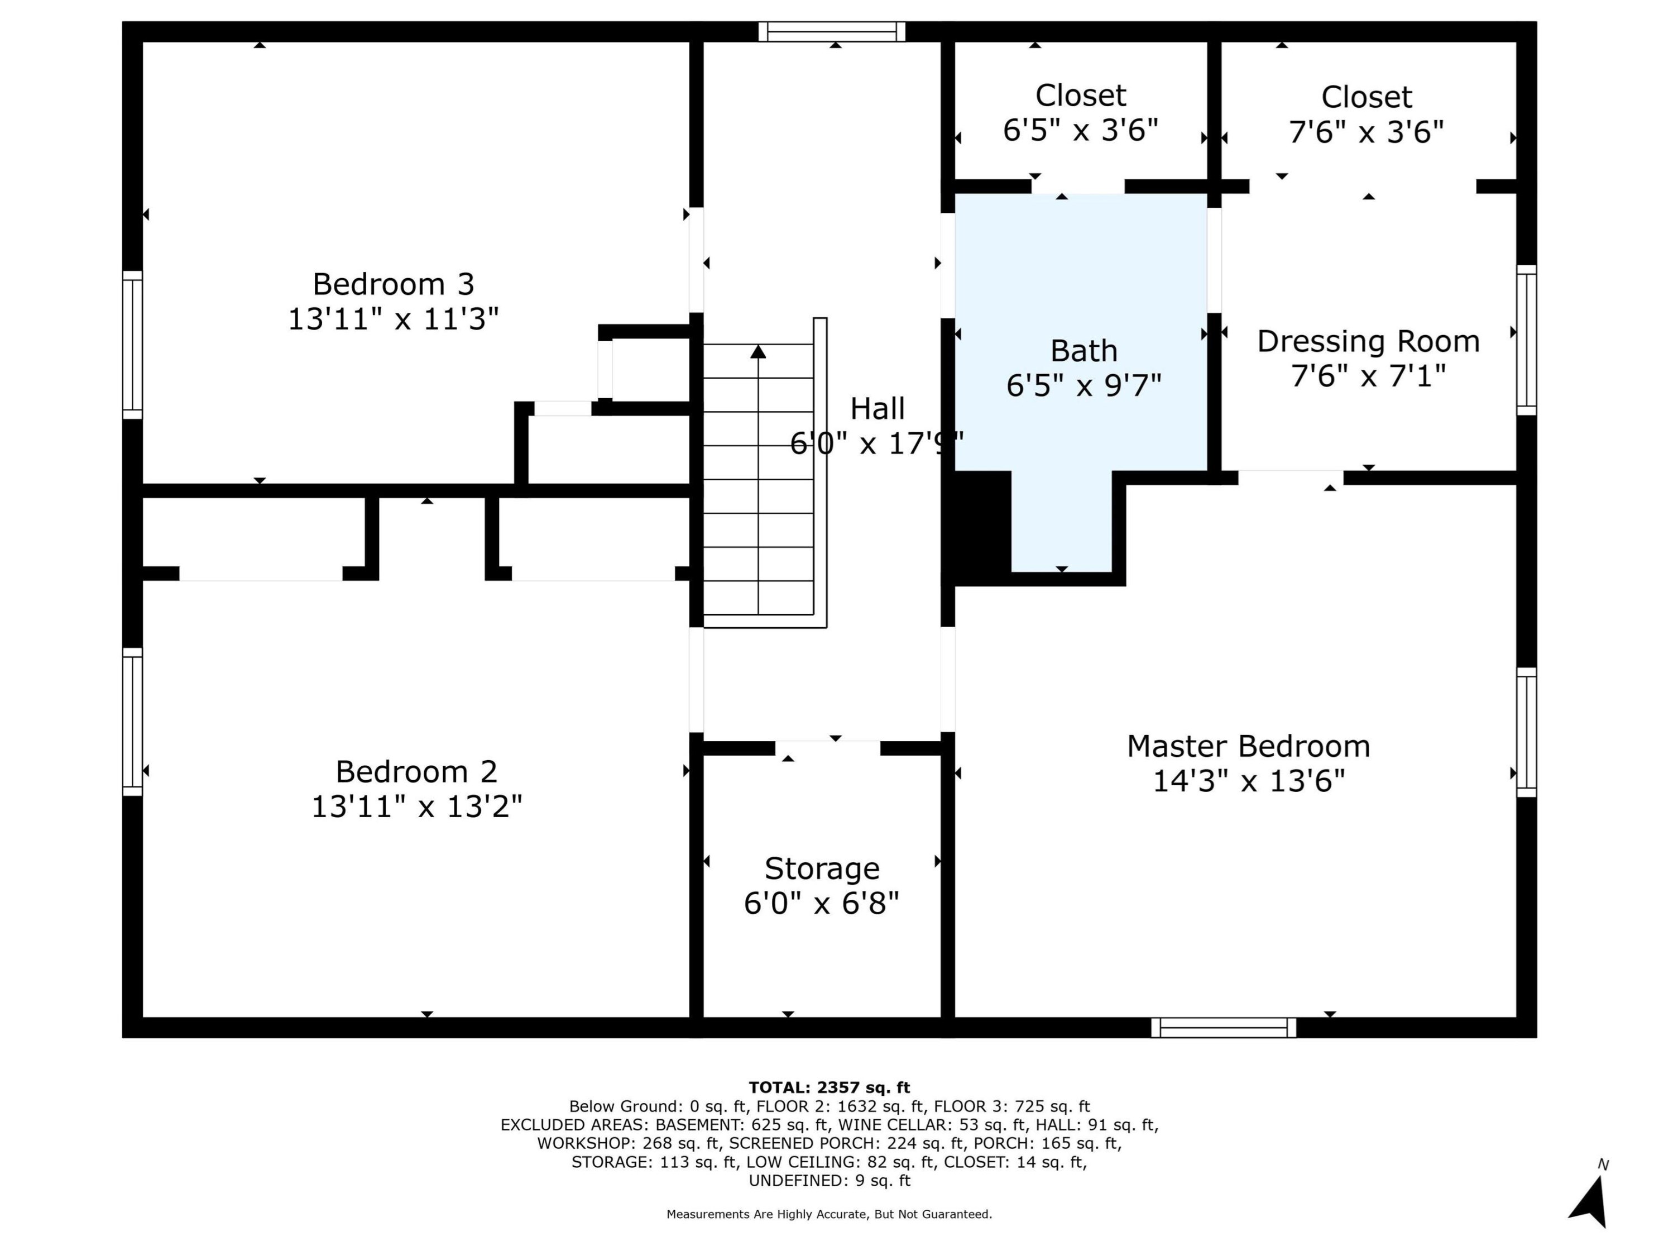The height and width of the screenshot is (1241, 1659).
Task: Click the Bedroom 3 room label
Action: click(393, 284)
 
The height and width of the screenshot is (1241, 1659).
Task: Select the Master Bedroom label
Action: click(1249, 747)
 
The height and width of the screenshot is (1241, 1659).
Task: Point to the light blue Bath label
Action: click(1083, 350)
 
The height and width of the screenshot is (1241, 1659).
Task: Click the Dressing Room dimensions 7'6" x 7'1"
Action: click(1369, 375)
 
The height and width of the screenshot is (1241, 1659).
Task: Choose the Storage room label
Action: click(822, 869)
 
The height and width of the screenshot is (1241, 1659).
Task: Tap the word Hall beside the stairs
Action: click(878, 409)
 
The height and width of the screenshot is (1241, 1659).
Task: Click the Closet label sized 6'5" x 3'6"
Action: click(1081, 96)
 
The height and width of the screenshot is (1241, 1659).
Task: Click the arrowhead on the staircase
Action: click(758, 351)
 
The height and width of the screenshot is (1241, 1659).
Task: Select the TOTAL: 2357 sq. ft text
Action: click(829, 1087)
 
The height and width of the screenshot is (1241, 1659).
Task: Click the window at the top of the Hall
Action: click(832, 31)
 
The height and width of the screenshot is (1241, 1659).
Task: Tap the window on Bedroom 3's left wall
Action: click(133, 345)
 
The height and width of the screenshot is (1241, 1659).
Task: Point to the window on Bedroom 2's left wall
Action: click(133, 722)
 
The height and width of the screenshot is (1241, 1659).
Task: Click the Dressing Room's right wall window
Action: click(1526, 340)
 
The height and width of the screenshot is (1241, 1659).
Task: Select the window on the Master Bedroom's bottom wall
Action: click(1224, 1027)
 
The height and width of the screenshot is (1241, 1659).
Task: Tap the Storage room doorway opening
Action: click(827, 748)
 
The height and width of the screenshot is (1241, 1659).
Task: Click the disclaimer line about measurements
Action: click(829, 1214)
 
